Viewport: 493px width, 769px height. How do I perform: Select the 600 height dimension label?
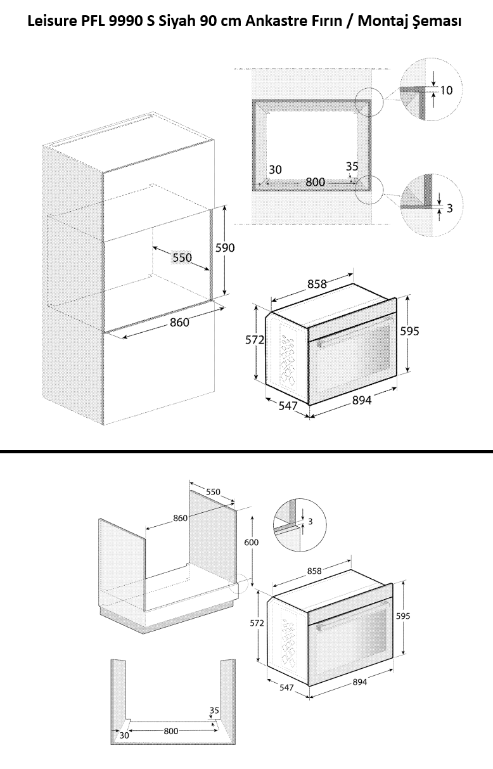pos(252,543)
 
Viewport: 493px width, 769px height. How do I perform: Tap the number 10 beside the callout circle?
pos(446,91)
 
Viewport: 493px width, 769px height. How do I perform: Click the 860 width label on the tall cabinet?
pos(179,323)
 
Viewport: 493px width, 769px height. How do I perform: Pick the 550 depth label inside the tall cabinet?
pos(182,258)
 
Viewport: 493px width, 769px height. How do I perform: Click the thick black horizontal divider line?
pos(246,451)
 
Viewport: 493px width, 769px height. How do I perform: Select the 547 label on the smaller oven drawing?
pos(286,687)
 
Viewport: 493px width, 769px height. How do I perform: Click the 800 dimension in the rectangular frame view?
pos(315,183)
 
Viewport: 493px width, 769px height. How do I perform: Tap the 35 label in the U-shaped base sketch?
pos(214,711)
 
